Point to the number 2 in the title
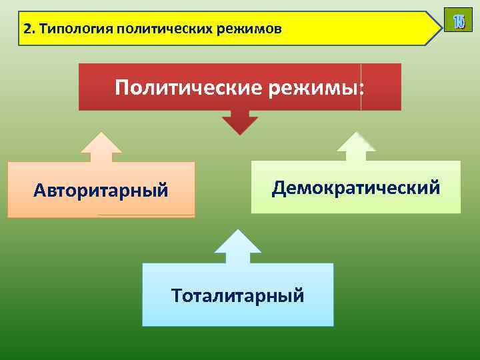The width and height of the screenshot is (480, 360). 26,29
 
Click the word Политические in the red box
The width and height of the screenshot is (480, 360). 188,87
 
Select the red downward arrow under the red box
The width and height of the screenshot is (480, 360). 239,123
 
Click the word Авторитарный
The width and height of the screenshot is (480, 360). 101,191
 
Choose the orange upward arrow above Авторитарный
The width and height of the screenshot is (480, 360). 101,147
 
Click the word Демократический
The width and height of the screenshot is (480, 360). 355,188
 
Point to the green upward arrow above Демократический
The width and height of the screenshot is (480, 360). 355,147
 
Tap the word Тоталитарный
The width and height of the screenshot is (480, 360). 237,295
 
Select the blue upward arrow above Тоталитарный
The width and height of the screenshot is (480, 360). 237,246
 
